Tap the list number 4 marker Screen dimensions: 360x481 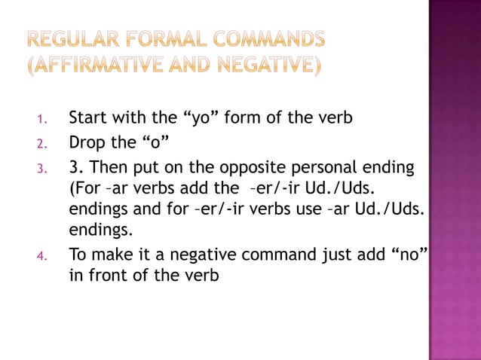click(43, 256)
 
